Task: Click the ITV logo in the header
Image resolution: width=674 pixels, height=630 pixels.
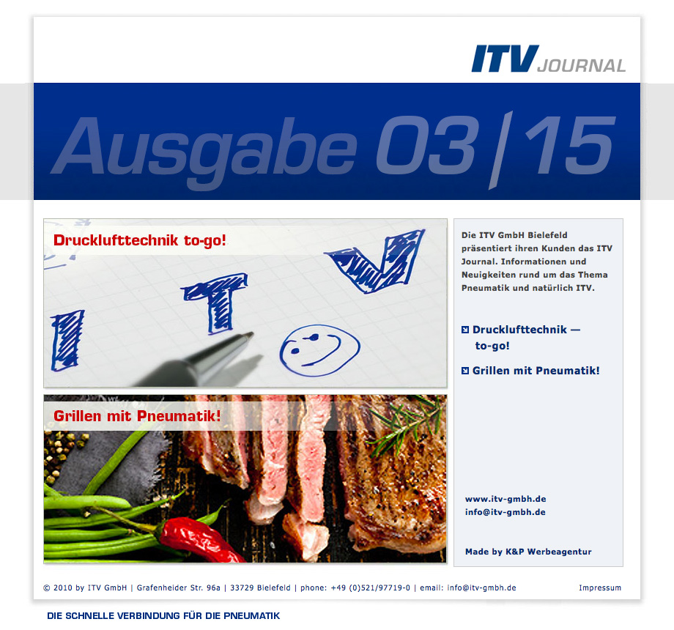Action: click(505, 59)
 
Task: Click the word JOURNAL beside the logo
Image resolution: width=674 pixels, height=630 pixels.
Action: click(581, 66)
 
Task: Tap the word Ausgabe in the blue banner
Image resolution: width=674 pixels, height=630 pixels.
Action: click(204, 149)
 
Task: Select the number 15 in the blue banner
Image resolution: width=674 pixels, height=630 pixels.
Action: click(570, 145)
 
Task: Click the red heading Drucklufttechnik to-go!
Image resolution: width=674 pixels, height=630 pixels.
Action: click(140, 240)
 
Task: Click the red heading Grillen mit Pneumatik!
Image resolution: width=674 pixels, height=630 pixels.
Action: click(137, 416)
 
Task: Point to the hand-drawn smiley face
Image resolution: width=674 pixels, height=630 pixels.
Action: click(320, 350)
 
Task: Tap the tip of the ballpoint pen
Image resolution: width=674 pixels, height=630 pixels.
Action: click(251, 333)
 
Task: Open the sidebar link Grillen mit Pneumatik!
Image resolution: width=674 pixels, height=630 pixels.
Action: click(536, 371)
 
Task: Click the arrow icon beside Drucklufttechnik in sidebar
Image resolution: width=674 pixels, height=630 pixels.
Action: click(465, 330)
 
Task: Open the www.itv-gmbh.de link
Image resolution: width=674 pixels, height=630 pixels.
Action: click(505, 499)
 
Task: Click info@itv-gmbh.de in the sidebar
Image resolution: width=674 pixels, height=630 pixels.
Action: click(505, 512)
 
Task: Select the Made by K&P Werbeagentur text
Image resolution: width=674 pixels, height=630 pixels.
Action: click(528, 552)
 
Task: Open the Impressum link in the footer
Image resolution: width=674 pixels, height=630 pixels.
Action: click(600, 588)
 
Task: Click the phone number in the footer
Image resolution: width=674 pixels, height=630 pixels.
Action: click(371, 588)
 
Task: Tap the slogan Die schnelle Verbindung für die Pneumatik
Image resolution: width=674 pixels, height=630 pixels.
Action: click(163, 616)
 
